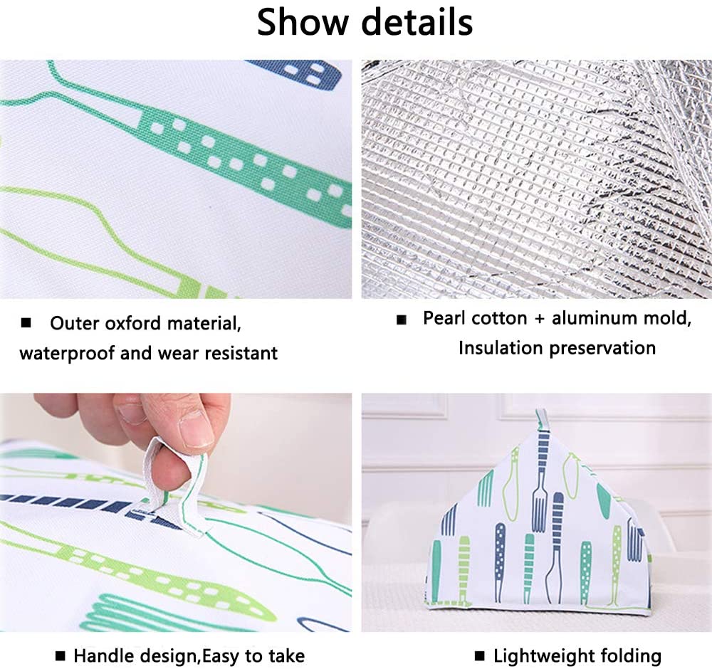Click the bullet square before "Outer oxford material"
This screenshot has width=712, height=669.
[x=26, y=324]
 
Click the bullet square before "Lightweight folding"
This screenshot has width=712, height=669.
[x=480, y=655]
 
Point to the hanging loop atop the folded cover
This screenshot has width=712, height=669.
[x=541, y=420]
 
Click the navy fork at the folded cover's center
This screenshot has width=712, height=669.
[x=554, y=541]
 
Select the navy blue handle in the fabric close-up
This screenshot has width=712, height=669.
[x=306, y=70]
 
